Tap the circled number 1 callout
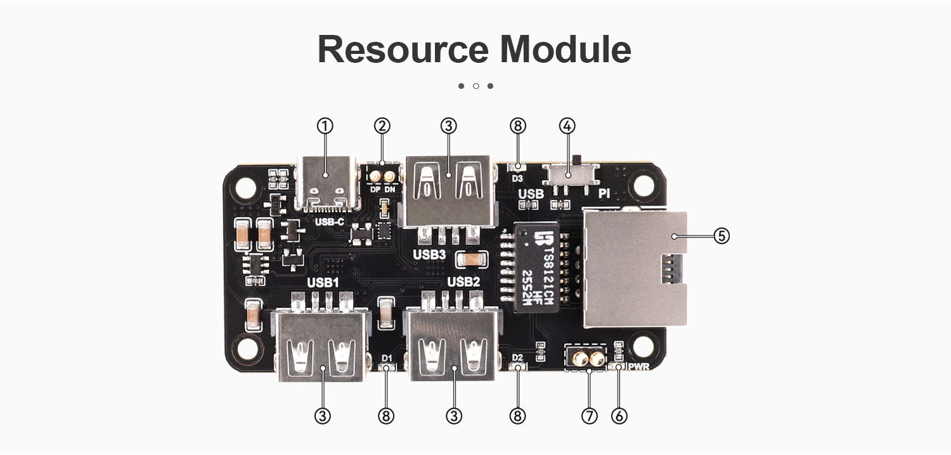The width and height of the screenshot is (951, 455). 325,126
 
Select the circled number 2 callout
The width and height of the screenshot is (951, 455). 382,126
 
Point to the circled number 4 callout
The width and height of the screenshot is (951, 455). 567,126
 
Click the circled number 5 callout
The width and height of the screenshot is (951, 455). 721,235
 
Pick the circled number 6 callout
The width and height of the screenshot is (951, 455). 619,416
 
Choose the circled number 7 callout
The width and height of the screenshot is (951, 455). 589,416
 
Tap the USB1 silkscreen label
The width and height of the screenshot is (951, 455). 323,282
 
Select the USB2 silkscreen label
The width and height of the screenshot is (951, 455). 464,282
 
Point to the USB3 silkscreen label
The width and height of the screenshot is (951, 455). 429,254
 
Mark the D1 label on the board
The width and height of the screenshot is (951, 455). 387,359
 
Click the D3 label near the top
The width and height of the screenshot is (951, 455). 517,178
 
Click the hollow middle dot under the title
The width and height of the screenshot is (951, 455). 475,86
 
